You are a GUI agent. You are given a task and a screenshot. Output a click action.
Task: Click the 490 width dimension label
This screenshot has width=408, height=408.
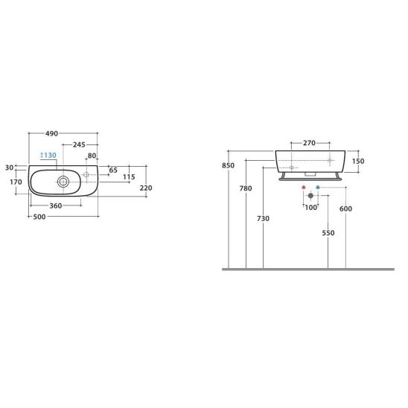tap(51, 133)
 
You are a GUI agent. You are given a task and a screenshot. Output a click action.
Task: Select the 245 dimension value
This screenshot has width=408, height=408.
tap(79, 144)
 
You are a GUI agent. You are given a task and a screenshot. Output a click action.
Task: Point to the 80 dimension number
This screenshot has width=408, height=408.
tap(92, 156)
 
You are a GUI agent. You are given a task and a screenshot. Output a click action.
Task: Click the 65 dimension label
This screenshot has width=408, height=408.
tap(113, 170)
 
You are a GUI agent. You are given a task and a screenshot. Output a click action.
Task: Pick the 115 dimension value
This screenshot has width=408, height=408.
tap(129, 177)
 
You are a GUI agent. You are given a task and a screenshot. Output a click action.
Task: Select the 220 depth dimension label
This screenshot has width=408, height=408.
tap(146, 188)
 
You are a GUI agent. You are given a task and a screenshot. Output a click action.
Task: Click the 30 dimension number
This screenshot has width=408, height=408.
tap(9, 168)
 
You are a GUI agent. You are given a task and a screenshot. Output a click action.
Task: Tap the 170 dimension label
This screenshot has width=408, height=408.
tap(16, 182)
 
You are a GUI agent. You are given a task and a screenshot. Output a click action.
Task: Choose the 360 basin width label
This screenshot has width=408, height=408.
tap(56, 205)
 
